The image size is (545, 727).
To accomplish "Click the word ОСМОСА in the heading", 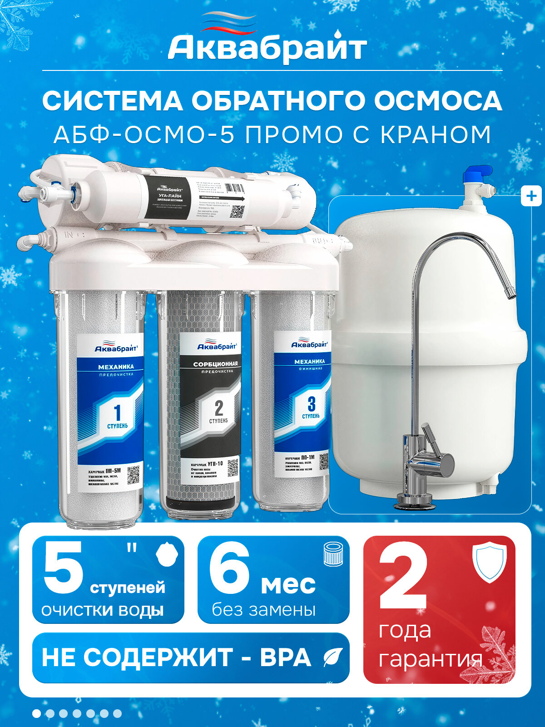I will [x=438, y=100].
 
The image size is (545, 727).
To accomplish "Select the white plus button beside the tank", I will [x=531, y=196].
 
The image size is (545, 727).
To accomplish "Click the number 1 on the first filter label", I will [x=117, y=413].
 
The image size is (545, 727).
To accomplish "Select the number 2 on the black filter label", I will [x=219, y=408].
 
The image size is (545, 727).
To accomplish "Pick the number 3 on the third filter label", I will [x=312, y=403].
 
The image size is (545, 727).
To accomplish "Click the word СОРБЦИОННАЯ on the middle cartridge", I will [x=215, y=364].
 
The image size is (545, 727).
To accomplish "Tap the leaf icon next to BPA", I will [x=332, y=657].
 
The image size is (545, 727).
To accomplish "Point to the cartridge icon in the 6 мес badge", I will [x=333, y=554].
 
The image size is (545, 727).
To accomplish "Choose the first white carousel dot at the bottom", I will [x=36, y=713].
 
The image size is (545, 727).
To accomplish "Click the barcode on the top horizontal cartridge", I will [x=234, y=189].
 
